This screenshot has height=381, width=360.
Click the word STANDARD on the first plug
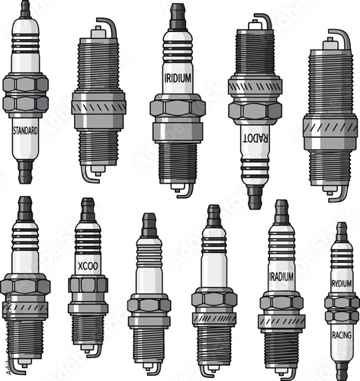point(26,130)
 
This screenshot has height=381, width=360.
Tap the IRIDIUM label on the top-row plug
point(178,78)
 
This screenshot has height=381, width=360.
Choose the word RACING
point(341,334)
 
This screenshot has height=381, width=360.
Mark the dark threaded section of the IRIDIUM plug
point(178,160)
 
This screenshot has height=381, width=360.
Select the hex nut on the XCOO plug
point(88,285)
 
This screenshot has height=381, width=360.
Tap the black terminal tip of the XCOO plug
point(88,207)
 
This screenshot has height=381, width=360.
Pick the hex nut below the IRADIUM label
point(281,302)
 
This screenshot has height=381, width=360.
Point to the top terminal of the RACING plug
point(341,231)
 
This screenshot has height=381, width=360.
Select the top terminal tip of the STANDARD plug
point(25,8)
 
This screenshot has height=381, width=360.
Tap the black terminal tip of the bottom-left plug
point(25,205)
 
